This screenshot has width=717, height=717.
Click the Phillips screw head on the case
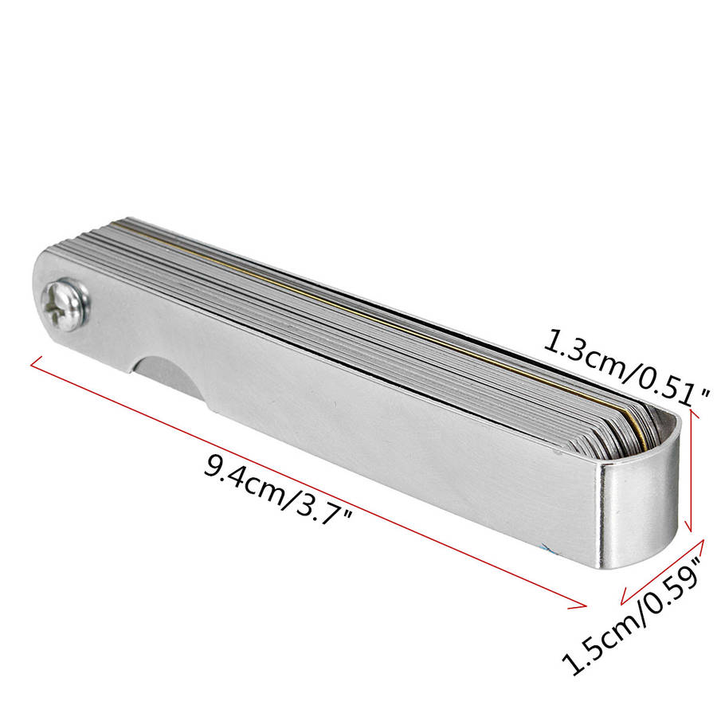[65, 304]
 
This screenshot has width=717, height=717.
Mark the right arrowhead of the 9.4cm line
[580, 605]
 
